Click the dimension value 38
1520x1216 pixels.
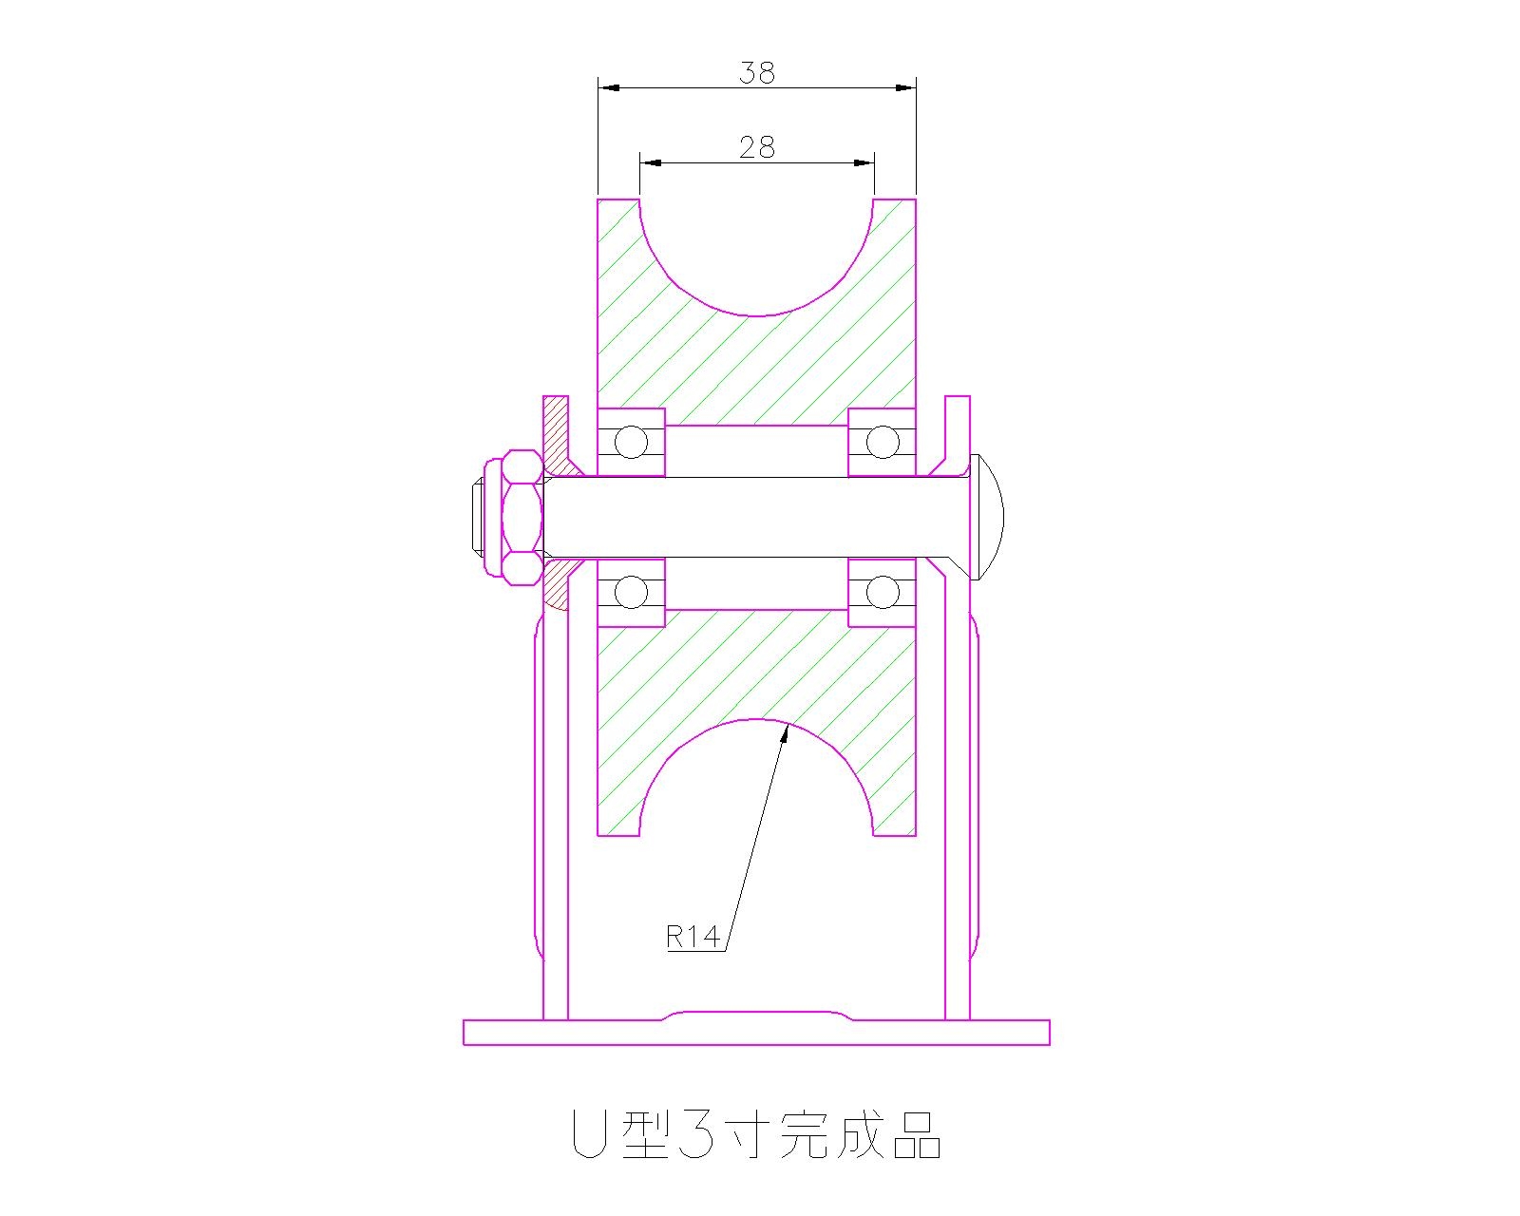(x=756, y=72)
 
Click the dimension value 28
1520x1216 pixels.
(x=756, y=147)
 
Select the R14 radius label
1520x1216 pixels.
(x=693, y=938)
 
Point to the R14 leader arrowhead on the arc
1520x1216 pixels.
(x=788, y=729)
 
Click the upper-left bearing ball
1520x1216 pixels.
(x=630, y=442)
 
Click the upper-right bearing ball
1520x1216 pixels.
(x=882, y=442)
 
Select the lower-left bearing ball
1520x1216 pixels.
(x=630, y=593)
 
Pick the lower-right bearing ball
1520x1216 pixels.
(x=882, y=593)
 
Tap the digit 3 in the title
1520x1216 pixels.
(x=697, y=1133)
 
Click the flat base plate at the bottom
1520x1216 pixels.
(x=756, y=1033)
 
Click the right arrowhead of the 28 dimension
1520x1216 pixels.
(x=865, y=162)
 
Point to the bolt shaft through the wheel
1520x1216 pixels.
(x=756, y=517)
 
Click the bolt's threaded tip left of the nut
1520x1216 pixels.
(x=478, y=517)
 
